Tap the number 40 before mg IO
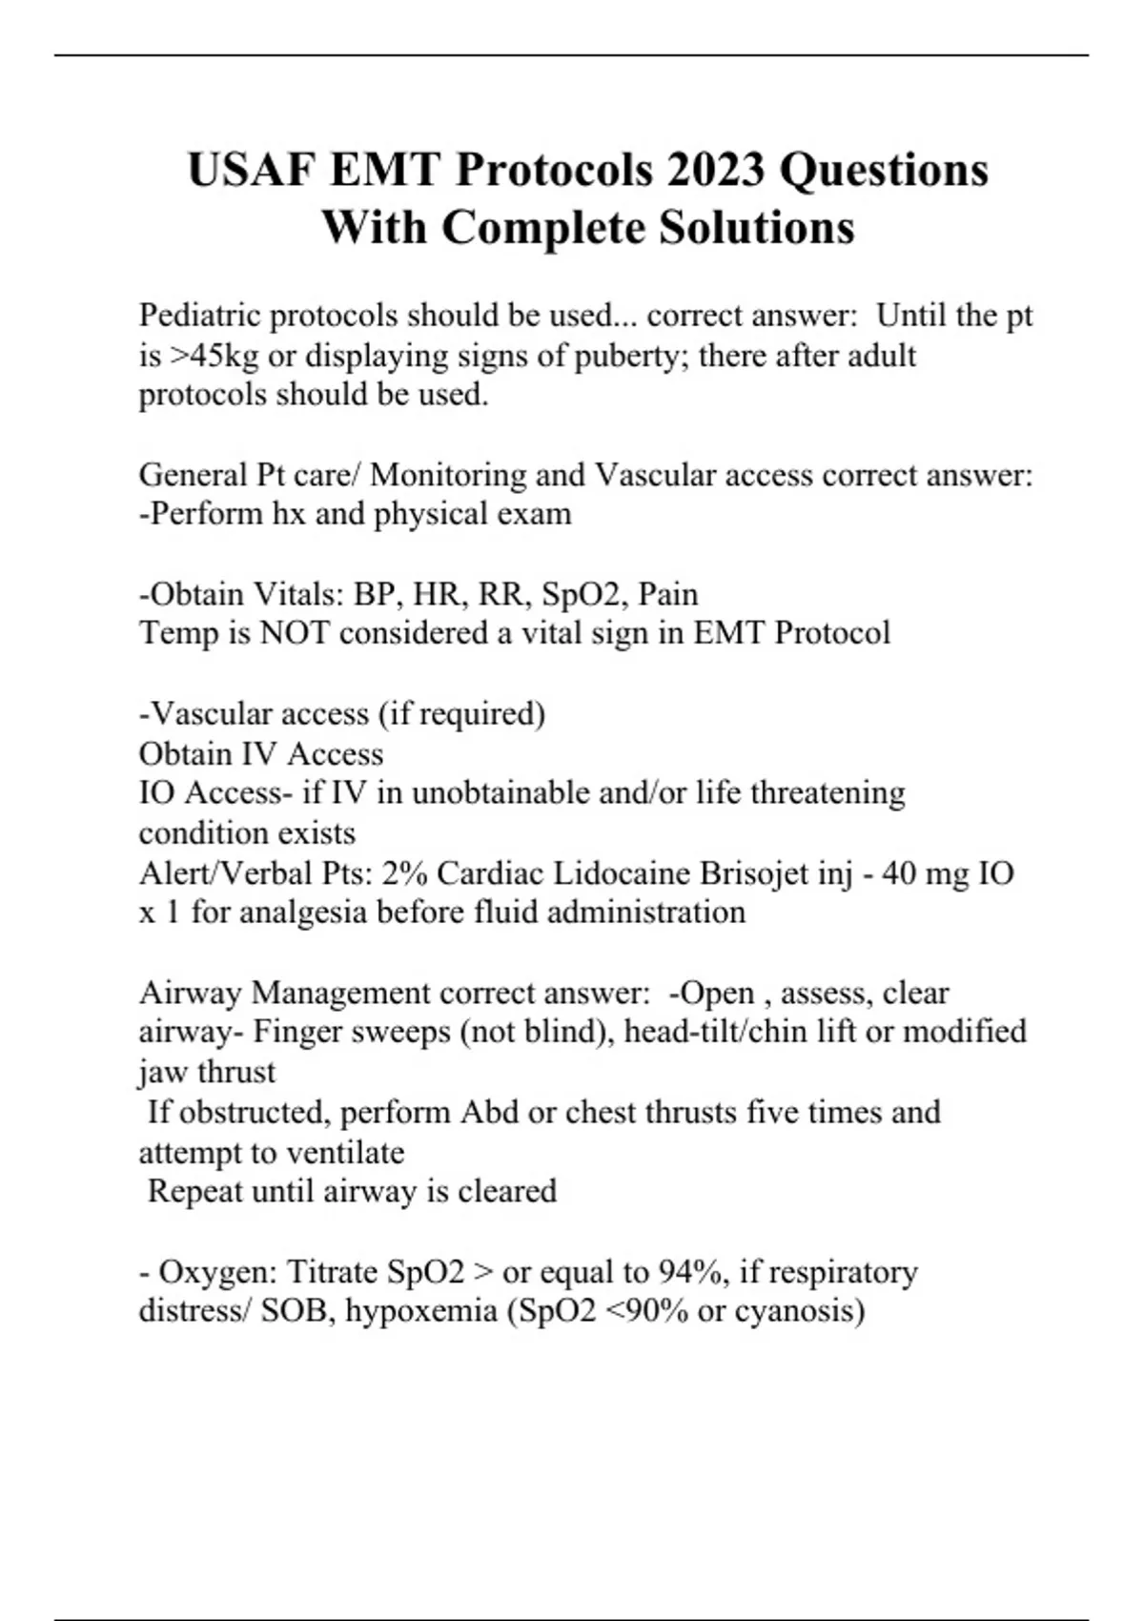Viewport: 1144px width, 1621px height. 900,873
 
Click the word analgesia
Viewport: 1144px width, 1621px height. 302,913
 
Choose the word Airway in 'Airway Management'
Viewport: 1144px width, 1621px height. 191,993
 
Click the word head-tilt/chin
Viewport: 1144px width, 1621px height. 722,1032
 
